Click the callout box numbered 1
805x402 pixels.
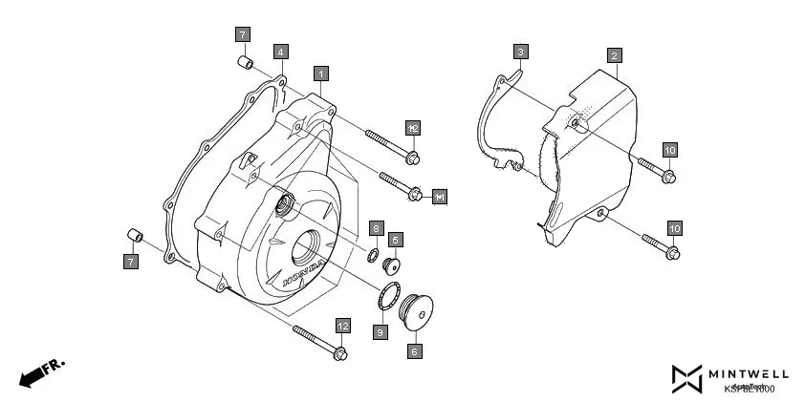(322, 74)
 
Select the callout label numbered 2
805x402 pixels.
(615, 55)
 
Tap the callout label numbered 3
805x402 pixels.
(520, 52)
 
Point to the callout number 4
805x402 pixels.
(280, 51)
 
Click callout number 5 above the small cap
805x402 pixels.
(395, 239)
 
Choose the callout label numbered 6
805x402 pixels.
(414, 351)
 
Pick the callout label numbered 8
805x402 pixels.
(378, 228)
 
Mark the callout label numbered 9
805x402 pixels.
(381, 332)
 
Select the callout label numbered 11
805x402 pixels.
(439, 197)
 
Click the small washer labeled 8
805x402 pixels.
(368, 255)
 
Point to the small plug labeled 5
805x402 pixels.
(390, 264)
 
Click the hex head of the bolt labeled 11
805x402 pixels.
(415, 195)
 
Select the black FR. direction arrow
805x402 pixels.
(32, 374)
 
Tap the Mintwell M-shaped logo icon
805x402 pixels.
(686, 378)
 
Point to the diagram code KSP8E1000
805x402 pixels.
(749, 388)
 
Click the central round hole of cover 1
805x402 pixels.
(311, 252)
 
